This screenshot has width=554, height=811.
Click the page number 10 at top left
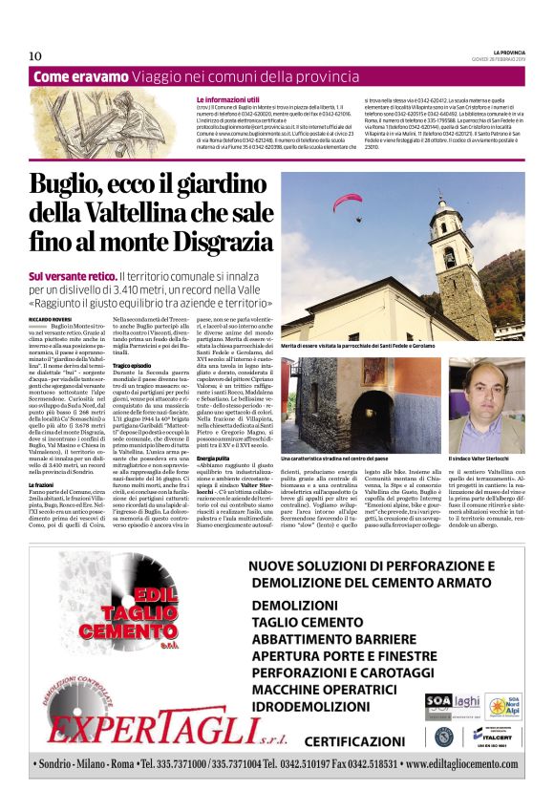(x=34, y=55)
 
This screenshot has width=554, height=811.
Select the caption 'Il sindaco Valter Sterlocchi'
(x=484, y=460)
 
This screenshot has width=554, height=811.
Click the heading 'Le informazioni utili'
(x=227, y=99)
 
